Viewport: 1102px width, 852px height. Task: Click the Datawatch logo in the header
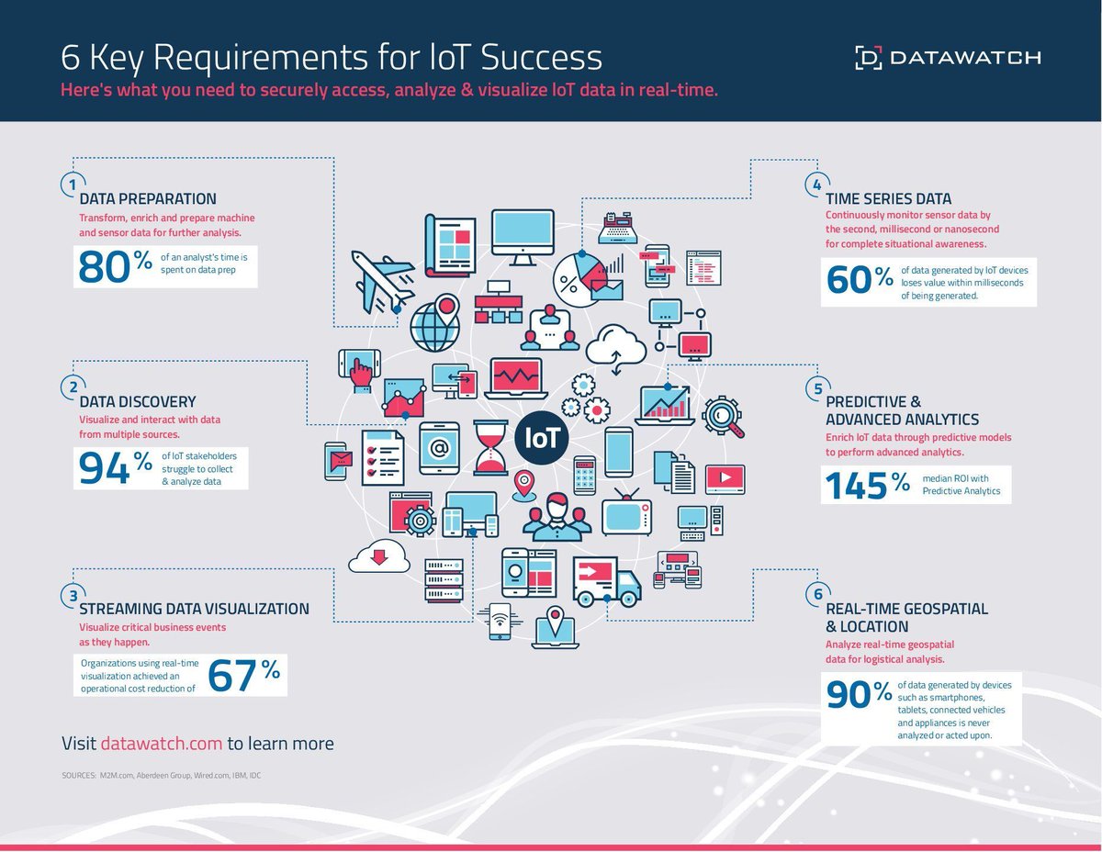[947, 57]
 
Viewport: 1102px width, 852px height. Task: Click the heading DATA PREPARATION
[148, 198]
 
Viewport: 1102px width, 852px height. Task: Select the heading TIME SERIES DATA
[888, 198]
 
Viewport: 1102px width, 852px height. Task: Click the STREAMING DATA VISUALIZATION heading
[194, 609]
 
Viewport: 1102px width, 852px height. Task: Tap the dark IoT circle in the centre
[542, 437]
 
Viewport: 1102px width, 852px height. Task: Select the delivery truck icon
[606, 580]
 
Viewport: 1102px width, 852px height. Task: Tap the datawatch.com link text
[161, 743]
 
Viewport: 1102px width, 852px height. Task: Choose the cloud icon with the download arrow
[377, 553]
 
